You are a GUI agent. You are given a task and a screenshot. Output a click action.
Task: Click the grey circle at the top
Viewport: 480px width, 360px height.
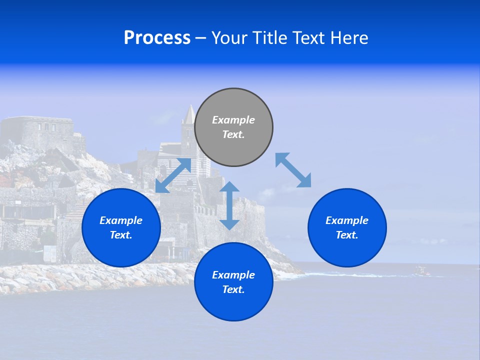(233, 127)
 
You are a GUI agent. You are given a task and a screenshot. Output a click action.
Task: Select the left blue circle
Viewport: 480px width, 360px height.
(121, 227)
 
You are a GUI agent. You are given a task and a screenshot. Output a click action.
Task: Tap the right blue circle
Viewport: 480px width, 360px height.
(347, 227)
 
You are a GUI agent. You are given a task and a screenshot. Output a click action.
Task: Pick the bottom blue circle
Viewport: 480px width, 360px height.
(233, 282)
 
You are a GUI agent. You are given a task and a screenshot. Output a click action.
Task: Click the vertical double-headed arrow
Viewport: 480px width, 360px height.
(229, 205)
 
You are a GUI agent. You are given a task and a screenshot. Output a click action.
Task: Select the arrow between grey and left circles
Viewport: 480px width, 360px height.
(173, 175)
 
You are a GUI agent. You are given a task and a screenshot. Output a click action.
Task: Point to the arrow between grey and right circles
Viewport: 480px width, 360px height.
(293, 170)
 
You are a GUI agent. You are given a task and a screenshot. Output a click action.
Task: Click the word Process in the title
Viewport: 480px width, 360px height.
(157, 38)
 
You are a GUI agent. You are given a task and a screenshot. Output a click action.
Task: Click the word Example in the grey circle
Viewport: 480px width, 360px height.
(233, 120)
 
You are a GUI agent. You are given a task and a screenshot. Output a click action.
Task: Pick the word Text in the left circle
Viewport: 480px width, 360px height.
(121, 235)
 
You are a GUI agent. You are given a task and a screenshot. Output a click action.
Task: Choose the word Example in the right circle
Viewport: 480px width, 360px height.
(347, 220)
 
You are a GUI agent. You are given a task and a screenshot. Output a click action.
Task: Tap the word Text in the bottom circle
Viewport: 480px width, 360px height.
(233, 289)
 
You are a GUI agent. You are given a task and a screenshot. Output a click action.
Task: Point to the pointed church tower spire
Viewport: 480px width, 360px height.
(188, 115)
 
